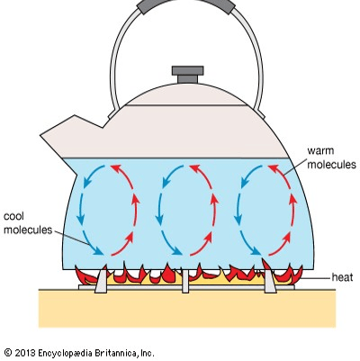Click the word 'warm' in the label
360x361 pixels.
pyautogui.click(x=320, y=150)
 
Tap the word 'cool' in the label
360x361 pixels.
pyautogui.click(x=13, y=216)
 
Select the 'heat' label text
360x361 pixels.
pyautogui.click(x=342, y=277)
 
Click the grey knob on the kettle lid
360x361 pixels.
pyautogui.click(x=188, y=75)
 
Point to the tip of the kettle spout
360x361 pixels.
pyautogui.click(x=41, y=136)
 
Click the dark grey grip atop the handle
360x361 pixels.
pyautogui.click(x=186, y=5)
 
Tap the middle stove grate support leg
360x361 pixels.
pyautogui.click(x=185, y=281)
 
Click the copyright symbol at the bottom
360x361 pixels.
pyautogui.click(x=8, y=353)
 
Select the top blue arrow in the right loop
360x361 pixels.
pyautogui.click(x=251, y=176)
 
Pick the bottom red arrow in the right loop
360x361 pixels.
pyautogui.click(x=280, y=244)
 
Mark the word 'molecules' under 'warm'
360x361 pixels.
pyautogui.click(x=331, y=164)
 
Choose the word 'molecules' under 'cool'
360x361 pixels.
pyautogui.click(x=28, y=230)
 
